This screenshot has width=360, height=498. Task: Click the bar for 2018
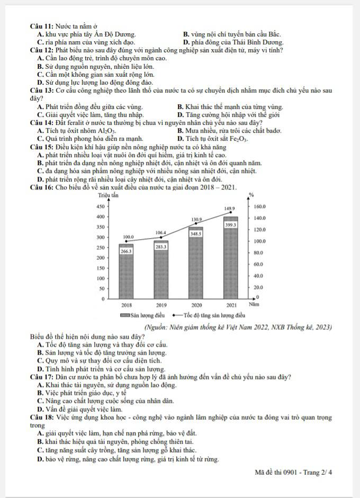126,273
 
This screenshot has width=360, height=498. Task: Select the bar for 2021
231,259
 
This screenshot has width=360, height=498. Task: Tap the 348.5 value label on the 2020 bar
196,233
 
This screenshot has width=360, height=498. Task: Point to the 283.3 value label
161,247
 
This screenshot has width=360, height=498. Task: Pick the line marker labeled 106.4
161,237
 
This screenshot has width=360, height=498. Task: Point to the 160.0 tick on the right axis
260,206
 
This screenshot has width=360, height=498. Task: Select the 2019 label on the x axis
161,305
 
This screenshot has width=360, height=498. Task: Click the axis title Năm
254,305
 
